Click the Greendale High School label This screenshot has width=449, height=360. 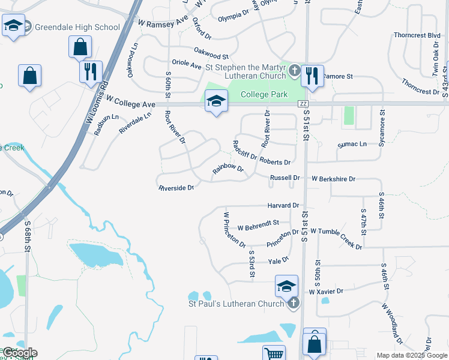point(77,27)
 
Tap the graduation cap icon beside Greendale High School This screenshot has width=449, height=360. point(13,26)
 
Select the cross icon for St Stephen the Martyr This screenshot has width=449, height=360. point(294,70)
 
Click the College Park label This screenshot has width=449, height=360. point(264,94)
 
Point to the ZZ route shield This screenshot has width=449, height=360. point(304,104)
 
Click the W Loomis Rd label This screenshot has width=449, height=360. point(97,102)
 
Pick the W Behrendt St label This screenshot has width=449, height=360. point(258,224)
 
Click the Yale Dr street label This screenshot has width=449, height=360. point(279,260)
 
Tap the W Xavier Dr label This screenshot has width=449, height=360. point(326,291)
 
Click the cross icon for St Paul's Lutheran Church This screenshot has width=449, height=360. point(293,303)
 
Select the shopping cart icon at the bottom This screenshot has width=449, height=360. point(274,353)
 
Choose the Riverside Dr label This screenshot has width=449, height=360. point(176,188)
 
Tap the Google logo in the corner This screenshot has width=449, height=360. point(19,353)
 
